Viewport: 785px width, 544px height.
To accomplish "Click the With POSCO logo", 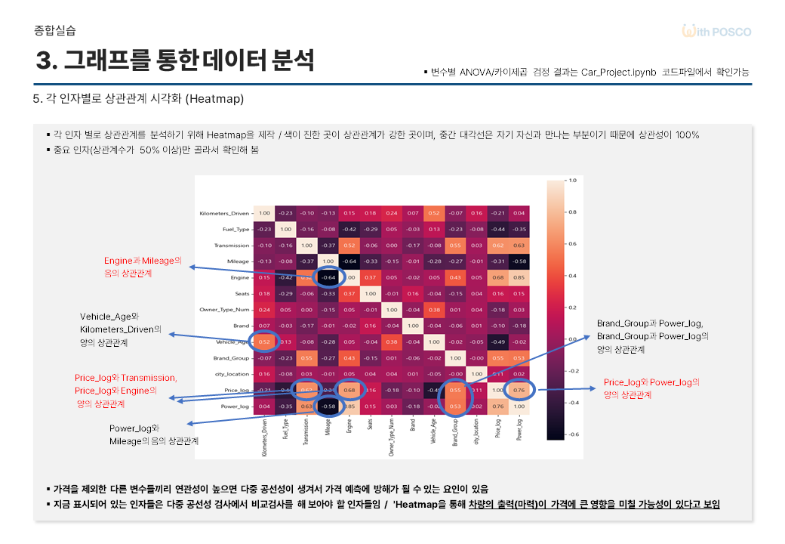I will tap(716, 32).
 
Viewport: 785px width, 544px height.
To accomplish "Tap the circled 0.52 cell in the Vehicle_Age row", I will tap(264, 342).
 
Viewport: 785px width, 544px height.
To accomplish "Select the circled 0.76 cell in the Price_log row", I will tap(519, 391).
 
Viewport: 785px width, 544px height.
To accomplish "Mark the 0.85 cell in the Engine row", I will tap(519, 277).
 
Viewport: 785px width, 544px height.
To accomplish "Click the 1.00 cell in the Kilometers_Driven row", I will tap(264, 213).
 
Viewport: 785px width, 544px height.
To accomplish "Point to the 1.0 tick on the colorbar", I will tap(571, 181).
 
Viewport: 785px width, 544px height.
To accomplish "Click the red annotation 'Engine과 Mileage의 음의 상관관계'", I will tap(143, 266).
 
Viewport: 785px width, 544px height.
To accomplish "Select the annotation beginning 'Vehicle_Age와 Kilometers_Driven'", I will tap(122, 329).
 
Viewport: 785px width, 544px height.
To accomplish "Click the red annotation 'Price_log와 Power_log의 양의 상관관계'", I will tap(651, 388).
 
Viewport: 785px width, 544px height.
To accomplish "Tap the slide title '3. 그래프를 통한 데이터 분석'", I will tap(174, 60).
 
